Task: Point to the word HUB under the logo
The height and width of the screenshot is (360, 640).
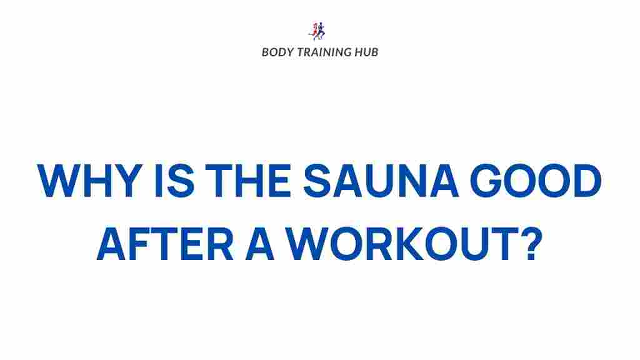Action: click(x=367, y=52)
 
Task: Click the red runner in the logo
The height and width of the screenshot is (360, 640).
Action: click(x=314, y=31)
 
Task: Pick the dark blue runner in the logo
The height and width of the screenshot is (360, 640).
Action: click(x=322, y=30)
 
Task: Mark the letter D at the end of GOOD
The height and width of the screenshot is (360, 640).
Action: click(x=585, y=182)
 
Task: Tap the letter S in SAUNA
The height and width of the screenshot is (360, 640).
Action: click(x=319, y=182)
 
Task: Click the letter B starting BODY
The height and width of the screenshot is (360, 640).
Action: click(x=265, y=52)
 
